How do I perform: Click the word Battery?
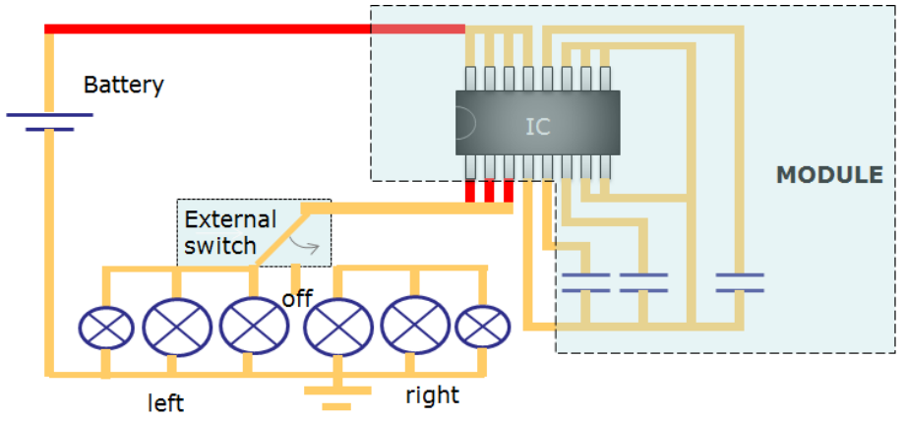(x=124, y=86)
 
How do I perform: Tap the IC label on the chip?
(x=537, y=127)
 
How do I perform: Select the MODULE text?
(x=829, y=175)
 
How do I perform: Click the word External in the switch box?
(x=230, y=219)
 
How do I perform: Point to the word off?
(x=297, y=299)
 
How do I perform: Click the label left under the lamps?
(x=166, y=402)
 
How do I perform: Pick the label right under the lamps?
(x=432, y=395)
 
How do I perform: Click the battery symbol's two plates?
(x=50, y=122)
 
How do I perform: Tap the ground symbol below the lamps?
(x=337, y=397)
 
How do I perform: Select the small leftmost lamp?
(x=106, y=329)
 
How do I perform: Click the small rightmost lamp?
(x=482, y=328)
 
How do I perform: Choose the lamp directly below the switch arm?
(x=254, y=326)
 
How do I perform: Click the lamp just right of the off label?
(x=338, y=328)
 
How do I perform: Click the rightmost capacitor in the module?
(x=740, y=282)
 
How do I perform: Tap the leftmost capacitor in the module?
(x=586, y=282)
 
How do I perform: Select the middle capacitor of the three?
(x=643, y=282)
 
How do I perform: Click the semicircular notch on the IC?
(x=465, y=123)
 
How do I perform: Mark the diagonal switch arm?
(x=281, y=236)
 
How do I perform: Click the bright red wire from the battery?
(x=255, y=29)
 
